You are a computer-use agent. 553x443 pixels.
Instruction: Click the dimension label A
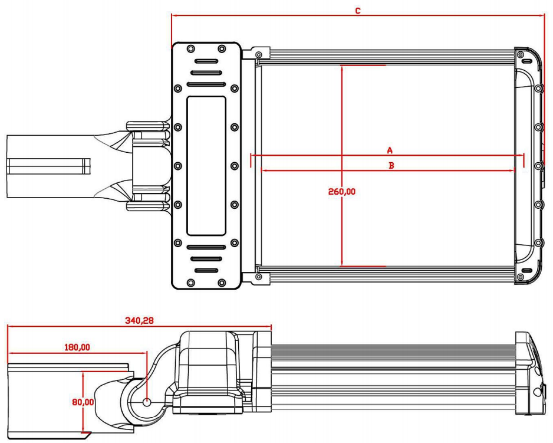coord(389,150)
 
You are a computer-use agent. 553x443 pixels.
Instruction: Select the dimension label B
coord(390,166)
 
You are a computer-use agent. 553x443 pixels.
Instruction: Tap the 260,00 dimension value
coord(342,192)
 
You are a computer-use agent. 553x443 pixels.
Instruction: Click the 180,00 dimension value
coord(77,347)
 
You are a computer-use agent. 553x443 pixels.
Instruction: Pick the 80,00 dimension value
coord(83,402)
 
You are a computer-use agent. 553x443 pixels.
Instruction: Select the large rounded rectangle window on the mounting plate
coord(206,166)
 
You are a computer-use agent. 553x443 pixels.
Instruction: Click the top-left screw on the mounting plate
coord(190,48)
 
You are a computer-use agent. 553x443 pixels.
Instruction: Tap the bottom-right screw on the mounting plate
coord(222,283)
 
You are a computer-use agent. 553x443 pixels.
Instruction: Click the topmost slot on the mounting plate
coord(206,61)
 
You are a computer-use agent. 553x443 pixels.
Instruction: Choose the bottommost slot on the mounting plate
coord(206,270)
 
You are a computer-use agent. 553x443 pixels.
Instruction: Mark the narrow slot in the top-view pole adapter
coord(48,166)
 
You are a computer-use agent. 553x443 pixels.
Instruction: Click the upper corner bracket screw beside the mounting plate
coord(258,55)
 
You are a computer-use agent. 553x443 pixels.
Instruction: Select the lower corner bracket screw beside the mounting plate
coord(258,276)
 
